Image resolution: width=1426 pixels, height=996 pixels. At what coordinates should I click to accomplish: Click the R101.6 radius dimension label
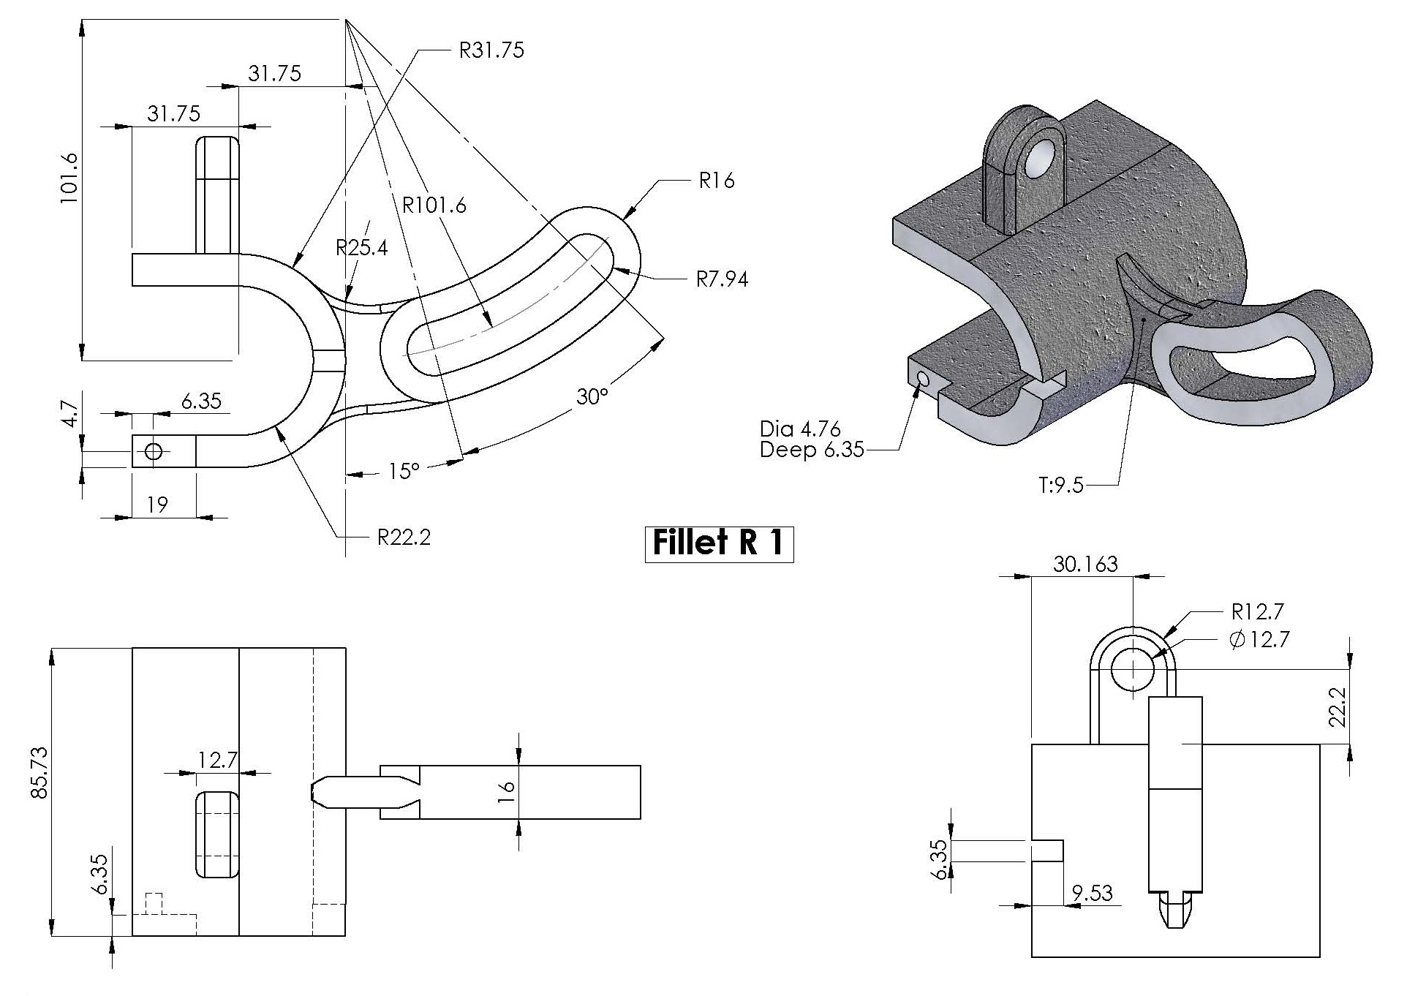(434, 205)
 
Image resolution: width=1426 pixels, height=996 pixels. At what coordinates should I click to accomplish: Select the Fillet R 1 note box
(719, 543)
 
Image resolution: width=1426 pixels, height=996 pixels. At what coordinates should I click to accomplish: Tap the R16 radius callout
(716, 181)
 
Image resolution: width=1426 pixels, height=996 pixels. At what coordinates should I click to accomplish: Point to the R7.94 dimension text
(721, 279)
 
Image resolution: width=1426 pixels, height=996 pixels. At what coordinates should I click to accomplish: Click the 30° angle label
(592, 397)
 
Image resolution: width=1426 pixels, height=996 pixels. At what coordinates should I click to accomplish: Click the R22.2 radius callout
(404, 538)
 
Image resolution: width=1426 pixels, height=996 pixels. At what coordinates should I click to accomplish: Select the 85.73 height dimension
(39, 773)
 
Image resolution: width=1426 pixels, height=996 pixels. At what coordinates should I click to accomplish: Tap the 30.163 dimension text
(1085, 564)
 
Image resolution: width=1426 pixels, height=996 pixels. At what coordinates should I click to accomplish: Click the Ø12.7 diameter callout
(1259, 640)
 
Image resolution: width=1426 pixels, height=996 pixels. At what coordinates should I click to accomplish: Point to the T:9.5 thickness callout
(1061, 486)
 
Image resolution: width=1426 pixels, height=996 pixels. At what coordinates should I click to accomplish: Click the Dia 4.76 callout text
(800, 429)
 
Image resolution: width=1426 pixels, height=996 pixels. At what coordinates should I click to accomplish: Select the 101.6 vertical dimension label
(69, 178)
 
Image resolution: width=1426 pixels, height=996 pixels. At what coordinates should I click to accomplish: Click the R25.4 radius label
(361, 248)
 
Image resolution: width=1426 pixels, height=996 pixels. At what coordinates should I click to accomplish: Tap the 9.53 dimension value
(1092, 893)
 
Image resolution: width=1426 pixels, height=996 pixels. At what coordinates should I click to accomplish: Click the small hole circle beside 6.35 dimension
(154, 451)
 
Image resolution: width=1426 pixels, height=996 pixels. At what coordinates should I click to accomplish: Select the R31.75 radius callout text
(491, 50)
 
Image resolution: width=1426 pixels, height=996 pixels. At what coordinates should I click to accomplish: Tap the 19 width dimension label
(157, 505)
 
